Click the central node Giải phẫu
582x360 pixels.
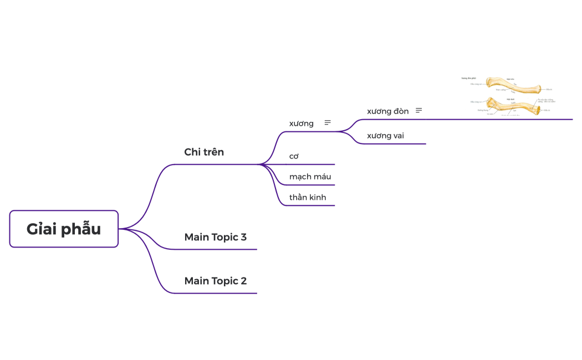64,229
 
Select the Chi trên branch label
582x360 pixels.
204,152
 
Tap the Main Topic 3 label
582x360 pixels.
215,237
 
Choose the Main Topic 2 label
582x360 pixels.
215,281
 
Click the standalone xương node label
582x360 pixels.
301,123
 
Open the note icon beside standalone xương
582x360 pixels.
328,122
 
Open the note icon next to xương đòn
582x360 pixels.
418,111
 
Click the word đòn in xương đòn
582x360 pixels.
399,111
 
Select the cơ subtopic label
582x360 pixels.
294,156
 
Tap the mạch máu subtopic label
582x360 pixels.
310,177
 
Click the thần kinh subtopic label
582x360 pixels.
308,197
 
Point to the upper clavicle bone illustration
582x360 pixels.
513,85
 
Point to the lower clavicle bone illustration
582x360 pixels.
513,105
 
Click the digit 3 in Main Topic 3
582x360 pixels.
243,237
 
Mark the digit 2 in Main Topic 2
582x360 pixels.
243,281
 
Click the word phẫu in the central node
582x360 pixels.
83,229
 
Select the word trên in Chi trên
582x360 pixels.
213,152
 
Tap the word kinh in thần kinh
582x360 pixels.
317,197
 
